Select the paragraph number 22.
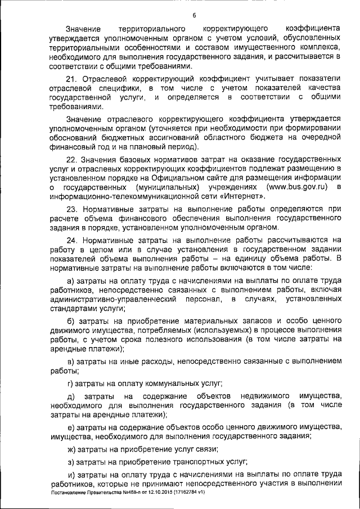pyautogui.click(x=71, y=159)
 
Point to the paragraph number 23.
pyautogui.click(x=71, y=208)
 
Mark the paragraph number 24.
pyautogui.click(x=71, y=239)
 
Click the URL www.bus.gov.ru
pyautogui.click(x=298, y=186)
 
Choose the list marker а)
pyautogui.click(x=70, y=281)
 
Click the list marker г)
pyautogui.click(x=70, y=384)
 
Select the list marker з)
pyautogui.click(x=70, y=462)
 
